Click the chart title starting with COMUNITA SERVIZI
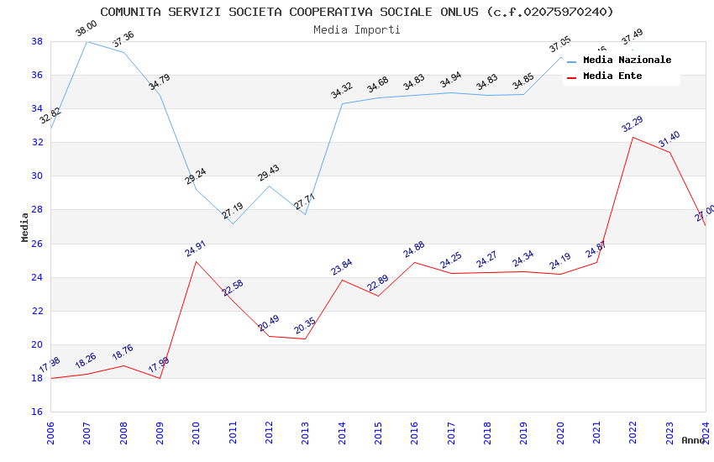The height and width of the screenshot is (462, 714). pos(357,12)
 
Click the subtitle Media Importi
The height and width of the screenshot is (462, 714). pos(357,29)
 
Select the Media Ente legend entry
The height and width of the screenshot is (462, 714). pos(612,76)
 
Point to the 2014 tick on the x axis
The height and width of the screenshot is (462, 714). pos(342,432)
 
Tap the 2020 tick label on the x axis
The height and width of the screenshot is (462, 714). pos(560,432)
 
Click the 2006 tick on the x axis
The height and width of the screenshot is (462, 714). pos(50,432)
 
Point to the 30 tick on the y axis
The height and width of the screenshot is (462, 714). pos(37,176)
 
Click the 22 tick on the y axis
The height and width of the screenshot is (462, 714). pos(37,311)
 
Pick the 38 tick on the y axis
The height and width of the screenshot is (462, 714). pos(37,41)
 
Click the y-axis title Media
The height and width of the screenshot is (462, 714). pos(25,227)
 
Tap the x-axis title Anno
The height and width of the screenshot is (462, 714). pos(693,440)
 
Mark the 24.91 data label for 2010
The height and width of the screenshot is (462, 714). pos(195,249)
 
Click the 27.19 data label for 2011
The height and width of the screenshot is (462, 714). pos(232,211)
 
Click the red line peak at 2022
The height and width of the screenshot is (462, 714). pos(633,137)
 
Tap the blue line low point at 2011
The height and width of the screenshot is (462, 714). pos(233,223)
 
